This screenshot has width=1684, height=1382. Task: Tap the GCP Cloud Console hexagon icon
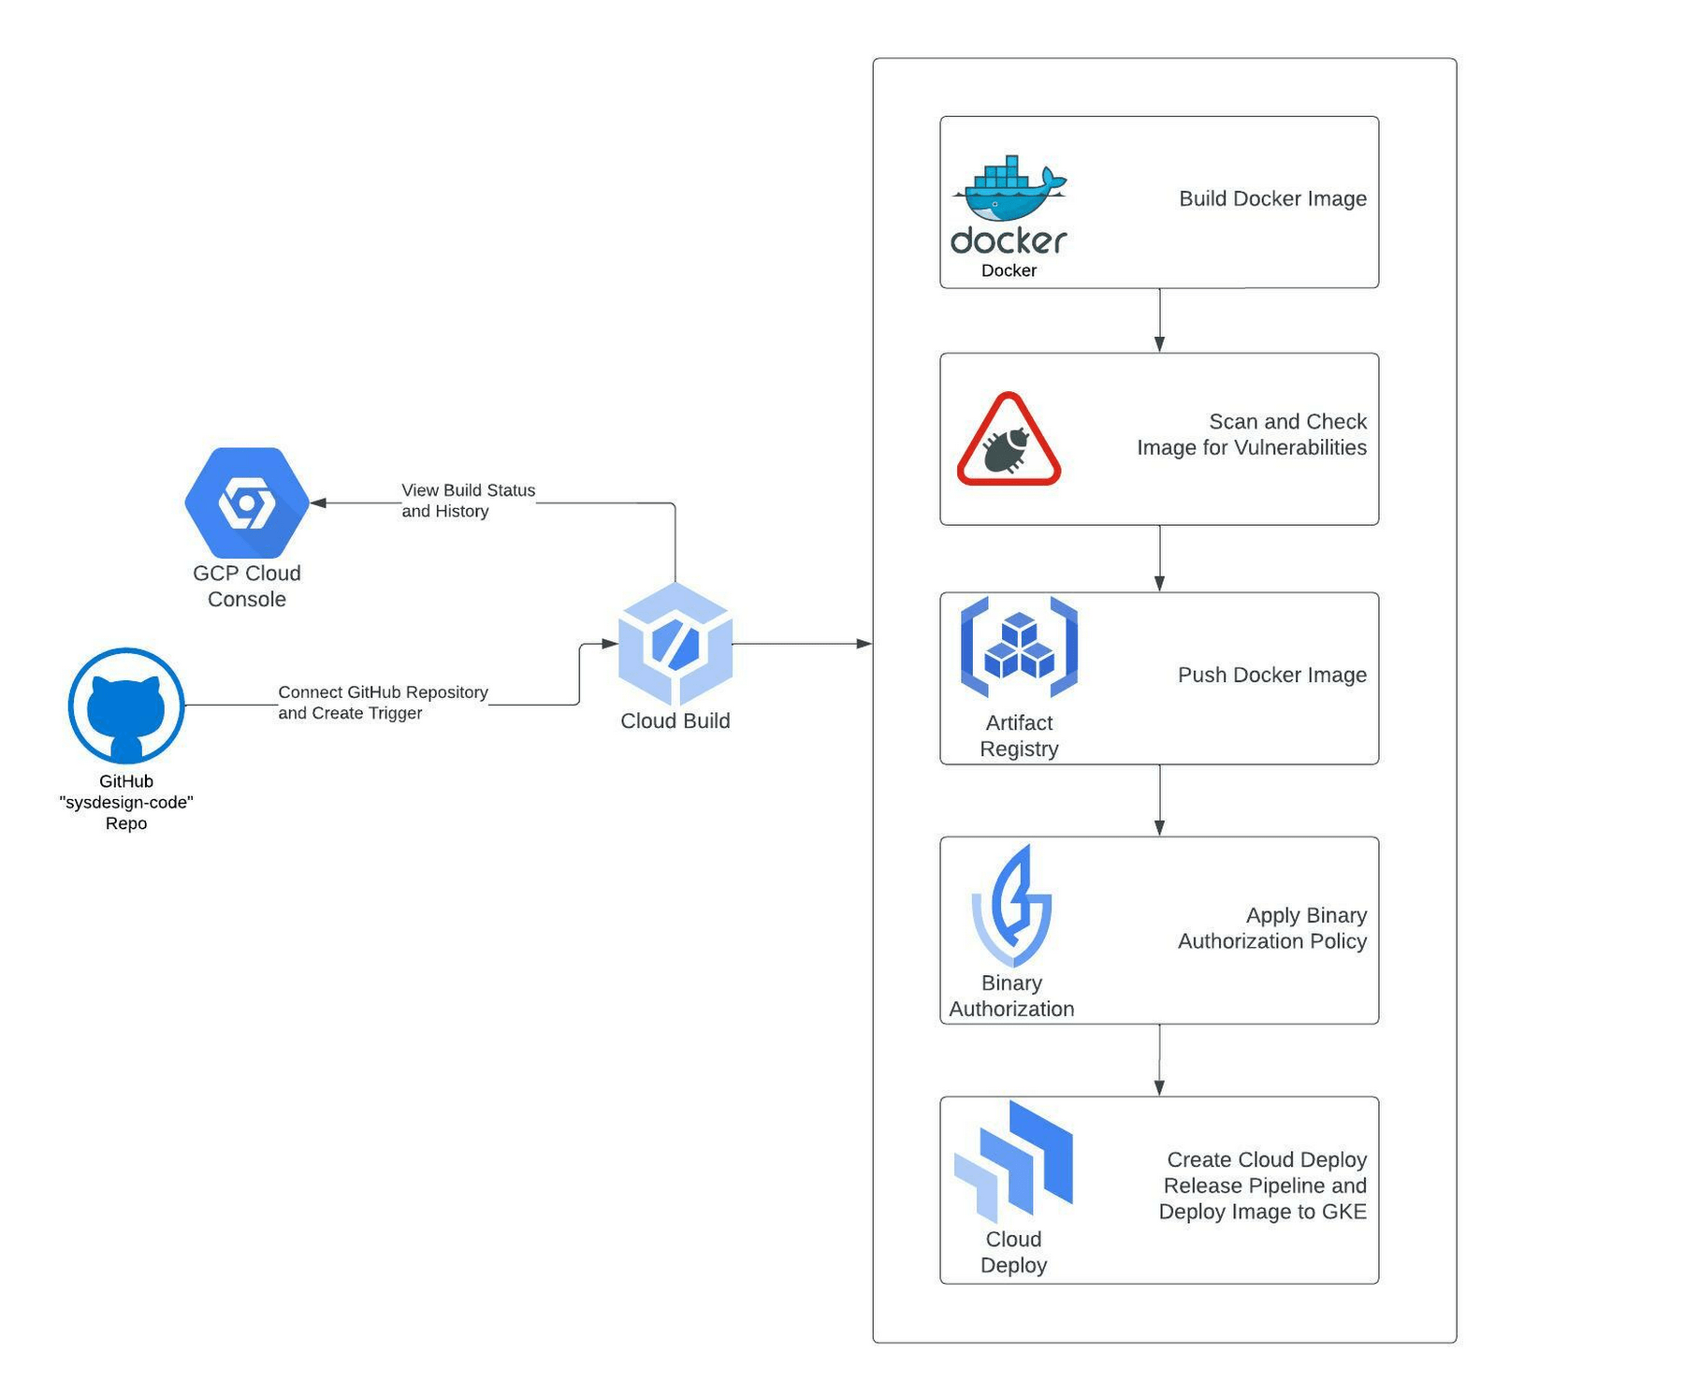(247, 503)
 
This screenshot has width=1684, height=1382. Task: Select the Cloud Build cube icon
(675, 644)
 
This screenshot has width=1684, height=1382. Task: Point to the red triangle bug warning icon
(1009, 440)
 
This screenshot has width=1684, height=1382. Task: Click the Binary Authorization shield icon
(1011, 906)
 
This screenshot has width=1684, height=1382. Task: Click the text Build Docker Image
(1272, 198)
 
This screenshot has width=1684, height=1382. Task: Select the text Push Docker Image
(1271, 675)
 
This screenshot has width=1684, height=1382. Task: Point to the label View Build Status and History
(468, 501)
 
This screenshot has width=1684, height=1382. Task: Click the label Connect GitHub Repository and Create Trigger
(383, 703)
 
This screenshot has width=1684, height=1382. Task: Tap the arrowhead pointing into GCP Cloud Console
(318, 503)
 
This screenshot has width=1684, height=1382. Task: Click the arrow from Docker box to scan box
(1159, 321)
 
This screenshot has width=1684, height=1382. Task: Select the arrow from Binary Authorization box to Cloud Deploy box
(1159, 1060)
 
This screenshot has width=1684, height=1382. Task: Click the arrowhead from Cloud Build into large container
(864, 644)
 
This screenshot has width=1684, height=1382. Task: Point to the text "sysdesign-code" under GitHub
(126, 803)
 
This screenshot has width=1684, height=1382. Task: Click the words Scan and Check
(1287, 421)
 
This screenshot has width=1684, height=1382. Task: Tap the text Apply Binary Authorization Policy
(1272, 928)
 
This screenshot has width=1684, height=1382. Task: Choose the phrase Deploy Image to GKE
(1262, 1212)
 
